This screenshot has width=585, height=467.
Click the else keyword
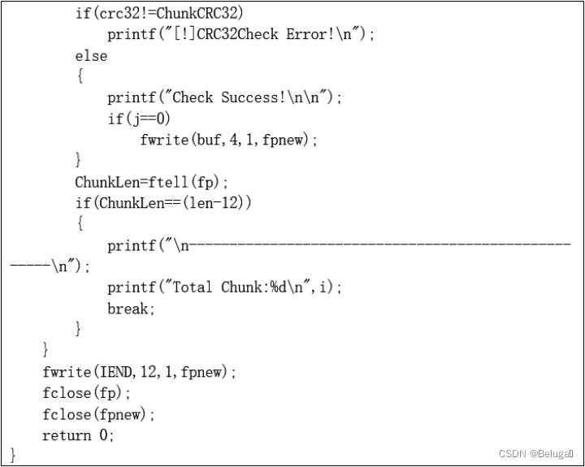tap(91, 55)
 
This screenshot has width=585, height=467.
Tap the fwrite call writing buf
tap(228, 140)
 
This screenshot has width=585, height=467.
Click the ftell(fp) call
tap(192, 182)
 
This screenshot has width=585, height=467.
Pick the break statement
tap(131, 309)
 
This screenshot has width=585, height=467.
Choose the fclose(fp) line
tap(86, 393)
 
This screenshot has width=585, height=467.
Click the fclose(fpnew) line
tap(98, 414)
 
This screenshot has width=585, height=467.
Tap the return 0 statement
tap(78, 435)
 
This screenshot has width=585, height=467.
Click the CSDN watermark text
tap(536, 453)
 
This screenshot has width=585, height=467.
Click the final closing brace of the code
tap(13, 456)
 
